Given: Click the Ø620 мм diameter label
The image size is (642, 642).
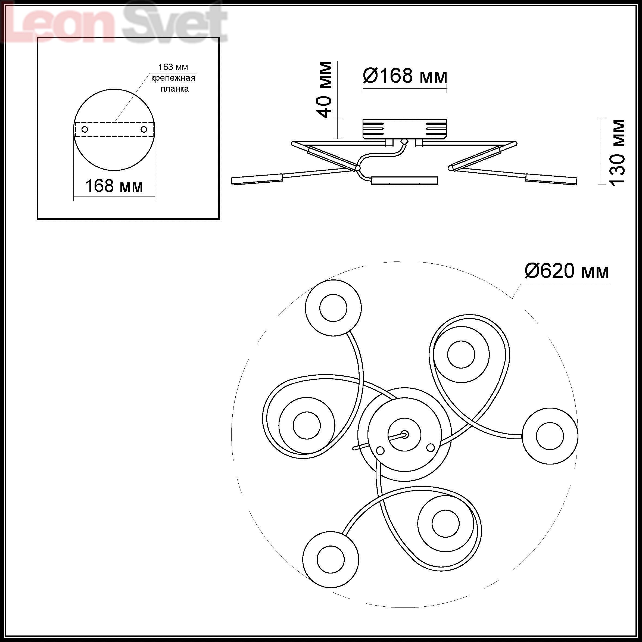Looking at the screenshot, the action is pyautogui.click(x=566, y=271).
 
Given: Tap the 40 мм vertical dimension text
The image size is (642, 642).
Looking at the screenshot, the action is pyautogui.click(x=324, y=90).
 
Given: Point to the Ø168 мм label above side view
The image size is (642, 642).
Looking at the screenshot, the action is pyautogui.click(x=405, y=76).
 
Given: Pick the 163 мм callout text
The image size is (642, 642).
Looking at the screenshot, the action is pyautogui.click(x=173, y=67).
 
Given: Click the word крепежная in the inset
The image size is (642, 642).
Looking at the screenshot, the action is pyautogui.click(x=173, y=78).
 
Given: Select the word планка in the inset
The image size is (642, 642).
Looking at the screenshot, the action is pyautogui.click(x=174, y=89).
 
